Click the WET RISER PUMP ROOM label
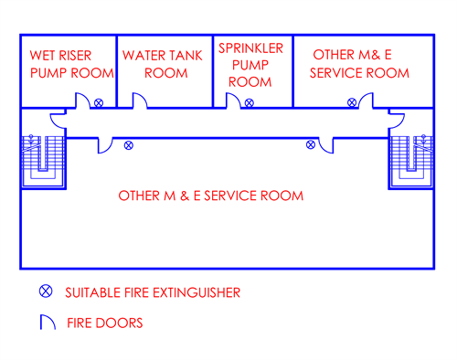(x=70, y=62)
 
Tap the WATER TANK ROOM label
(x=165, y=62)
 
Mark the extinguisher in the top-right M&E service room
(x=352, y=101)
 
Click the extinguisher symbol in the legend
(x=44, y=292)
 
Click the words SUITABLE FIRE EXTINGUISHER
(x=153, y=293)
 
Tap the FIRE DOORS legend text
(x=105, y=323)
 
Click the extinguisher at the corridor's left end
(x=129, y=144)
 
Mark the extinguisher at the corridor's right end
(x=307, y=144)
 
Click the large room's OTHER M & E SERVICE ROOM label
(x=211, y=196)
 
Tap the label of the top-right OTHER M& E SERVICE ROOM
(x=359, y=62)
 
